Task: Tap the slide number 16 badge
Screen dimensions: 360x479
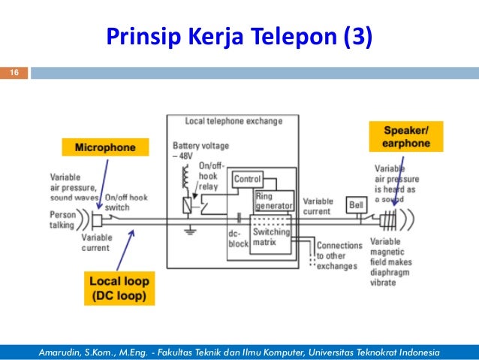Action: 13,73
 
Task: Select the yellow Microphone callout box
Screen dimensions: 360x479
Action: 104,147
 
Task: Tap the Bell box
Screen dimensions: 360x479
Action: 356,204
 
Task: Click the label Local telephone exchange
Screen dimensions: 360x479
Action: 233,121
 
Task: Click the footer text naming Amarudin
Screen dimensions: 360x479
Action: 239,352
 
